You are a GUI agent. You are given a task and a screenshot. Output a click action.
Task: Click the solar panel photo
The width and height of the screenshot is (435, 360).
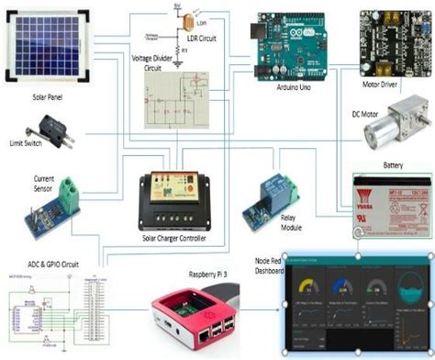[x=46, y=41]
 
